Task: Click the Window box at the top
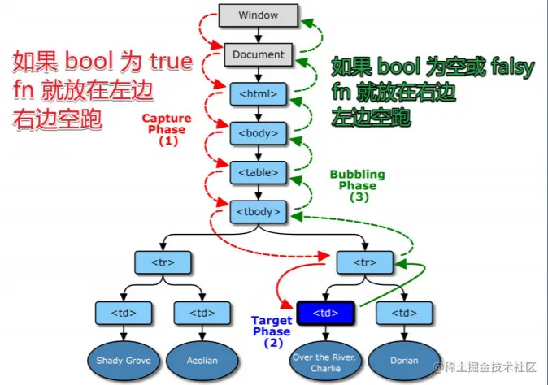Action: tap(257, 15)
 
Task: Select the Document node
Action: tap(257, 55)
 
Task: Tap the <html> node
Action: tap(257, 93)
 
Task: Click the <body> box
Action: tap(257, 132)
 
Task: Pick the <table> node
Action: tap(257, 172)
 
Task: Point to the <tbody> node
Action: tap(257, 212)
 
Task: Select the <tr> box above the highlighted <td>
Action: tap(366, 262)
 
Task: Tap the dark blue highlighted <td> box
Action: tap(325, 311)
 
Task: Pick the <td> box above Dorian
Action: tap(404, 311)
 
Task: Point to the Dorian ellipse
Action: tap(404, 360)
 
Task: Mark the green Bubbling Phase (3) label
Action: tap(357, 185)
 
